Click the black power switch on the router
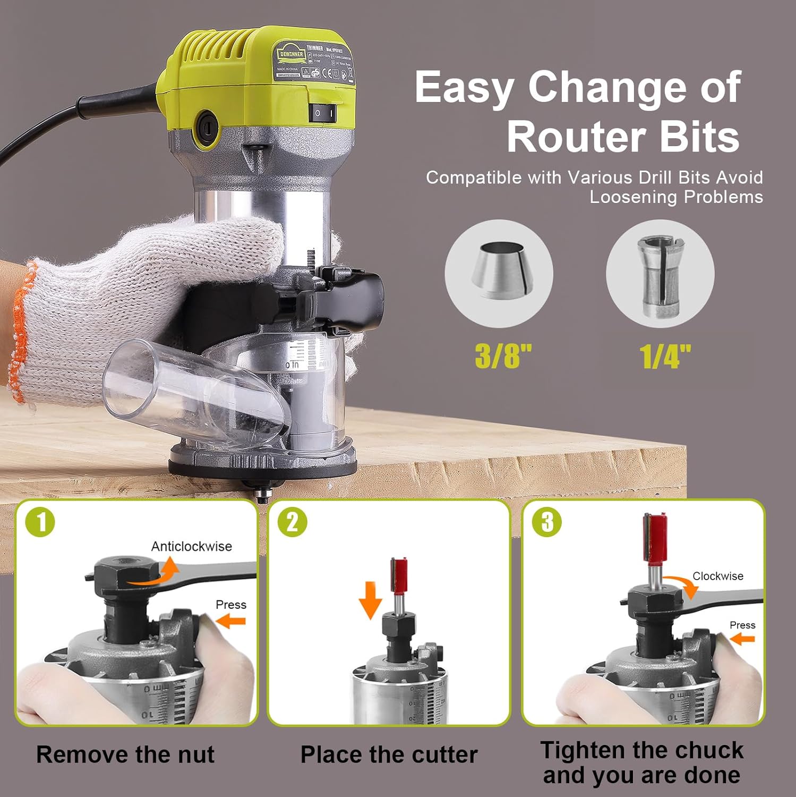(x=322, y=112)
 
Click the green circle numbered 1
(x=40, y=522)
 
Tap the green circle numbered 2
(x=293, y=522)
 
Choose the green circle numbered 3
(x=547, y=522)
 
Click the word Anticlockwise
(x=191, y=546)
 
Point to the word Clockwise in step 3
(x=717, y=576)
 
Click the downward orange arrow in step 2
(x=370, y=600)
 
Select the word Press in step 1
(x=230, y=605)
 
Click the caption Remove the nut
(x=125, y=754)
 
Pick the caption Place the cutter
(x=389, y=754)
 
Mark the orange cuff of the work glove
(x=21, y=329)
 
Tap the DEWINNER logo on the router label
(x=291, y=55)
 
